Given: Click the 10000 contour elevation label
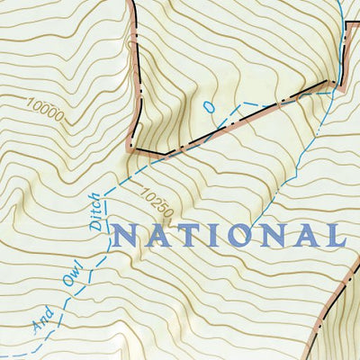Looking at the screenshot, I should tap(44, 113).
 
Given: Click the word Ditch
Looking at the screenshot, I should tap(98, 211).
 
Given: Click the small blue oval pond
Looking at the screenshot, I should tap(210, 106).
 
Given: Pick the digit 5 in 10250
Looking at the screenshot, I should tap(161, 208).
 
